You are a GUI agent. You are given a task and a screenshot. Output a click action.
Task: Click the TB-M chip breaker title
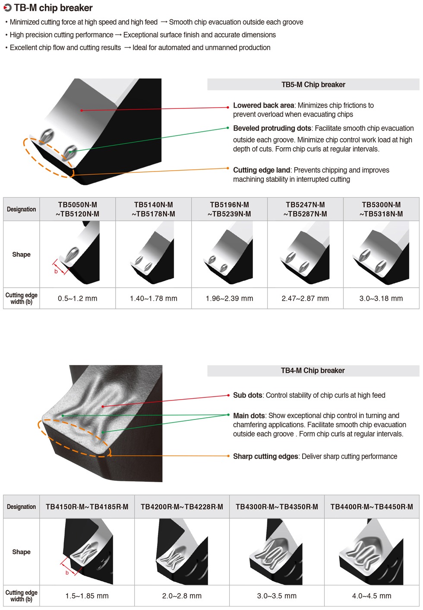click(x=53, y=8)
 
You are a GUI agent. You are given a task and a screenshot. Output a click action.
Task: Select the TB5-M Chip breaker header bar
click(x=313, y=85)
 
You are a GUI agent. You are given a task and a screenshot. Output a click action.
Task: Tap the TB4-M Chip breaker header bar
click(x=313, y=371)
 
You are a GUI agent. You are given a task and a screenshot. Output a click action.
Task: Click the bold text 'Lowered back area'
click(x=263, y=105)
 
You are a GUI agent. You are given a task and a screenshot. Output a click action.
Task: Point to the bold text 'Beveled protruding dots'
click(x=272, y=128)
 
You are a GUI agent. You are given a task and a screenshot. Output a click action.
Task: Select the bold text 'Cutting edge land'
click(x=262, y=170)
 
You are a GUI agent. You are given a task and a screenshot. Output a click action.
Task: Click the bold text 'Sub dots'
click(x=248, y=395)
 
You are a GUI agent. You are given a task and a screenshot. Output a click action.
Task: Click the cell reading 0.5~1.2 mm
click(x=78, y=299)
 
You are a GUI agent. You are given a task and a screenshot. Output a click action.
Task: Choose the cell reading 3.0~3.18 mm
click(x=381, y=299)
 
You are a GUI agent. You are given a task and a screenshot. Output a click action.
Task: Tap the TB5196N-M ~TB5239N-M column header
click(x=229, y=210)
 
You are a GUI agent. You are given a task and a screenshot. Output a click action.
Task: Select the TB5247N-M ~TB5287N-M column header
click(x=305, y=210)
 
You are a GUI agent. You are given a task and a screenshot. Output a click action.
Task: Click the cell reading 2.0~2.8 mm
click(x=182, y=596)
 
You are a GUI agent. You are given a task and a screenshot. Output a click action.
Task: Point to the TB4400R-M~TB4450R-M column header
click(x=372, y=507)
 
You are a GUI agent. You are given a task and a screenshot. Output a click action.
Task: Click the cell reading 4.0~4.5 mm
click(x=372, y=596)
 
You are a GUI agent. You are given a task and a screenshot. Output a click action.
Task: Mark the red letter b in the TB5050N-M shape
click(x=56, y=272)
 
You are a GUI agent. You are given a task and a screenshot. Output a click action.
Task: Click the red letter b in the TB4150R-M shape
click(x=67, y=573)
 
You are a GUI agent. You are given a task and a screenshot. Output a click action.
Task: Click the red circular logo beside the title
click(x=7, y=8)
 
